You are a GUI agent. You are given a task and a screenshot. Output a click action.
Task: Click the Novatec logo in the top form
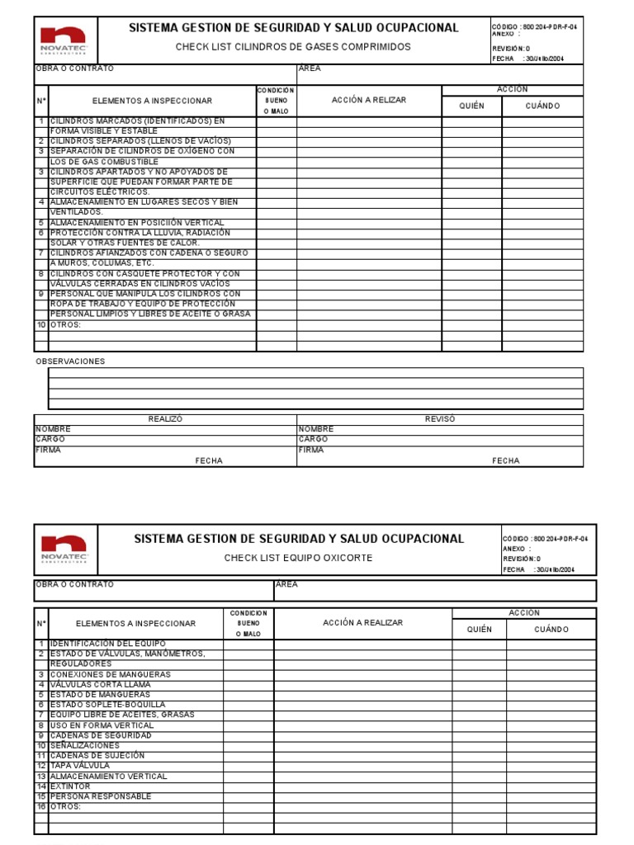coord(64,40)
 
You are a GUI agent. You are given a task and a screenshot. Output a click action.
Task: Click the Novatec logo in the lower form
coord(64,550)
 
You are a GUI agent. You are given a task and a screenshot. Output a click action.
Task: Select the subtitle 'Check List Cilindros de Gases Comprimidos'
coord(293,47)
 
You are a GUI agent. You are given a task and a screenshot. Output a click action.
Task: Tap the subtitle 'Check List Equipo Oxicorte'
coord(298,558)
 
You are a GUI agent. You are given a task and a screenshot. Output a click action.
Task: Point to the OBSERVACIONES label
coord(70,361)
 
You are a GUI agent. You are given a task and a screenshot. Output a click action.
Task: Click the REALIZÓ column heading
coord(165,419)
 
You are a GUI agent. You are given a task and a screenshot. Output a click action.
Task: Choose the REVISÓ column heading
coord(440,419)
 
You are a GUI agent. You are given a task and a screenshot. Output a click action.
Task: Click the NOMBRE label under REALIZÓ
coord(53,429)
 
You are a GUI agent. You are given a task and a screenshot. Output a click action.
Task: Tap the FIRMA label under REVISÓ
coord(310,451)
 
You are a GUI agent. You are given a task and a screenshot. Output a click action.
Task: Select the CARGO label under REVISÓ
coord(313,440)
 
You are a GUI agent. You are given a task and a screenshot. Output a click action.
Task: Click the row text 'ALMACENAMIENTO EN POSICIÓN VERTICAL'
coord(137,223)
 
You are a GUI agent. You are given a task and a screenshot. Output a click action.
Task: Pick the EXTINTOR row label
coord(70,786)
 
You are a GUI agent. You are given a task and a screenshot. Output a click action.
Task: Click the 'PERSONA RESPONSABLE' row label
coord(101,796)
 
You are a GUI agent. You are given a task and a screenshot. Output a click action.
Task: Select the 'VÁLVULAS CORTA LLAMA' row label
coord(100,685)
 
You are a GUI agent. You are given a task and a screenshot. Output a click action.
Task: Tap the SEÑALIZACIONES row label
coord(84,745)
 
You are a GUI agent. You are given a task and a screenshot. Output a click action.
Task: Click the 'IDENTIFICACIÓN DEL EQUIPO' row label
coord(107,644)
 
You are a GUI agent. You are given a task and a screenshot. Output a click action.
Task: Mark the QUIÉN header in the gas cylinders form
coord(471,106)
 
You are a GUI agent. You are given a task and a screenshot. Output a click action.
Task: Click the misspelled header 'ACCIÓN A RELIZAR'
coord(369,100)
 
